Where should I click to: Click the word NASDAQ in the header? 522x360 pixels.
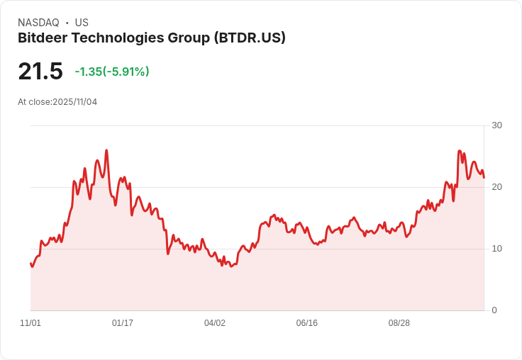[x=38, y=23]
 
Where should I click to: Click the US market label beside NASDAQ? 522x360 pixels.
[x=81, y=23]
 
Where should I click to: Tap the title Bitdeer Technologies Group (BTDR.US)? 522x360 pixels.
[x=151, y=38]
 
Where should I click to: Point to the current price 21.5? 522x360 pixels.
[x=40, y=72]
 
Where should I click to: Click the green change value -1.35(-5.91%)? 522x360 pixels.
[x=112, y=72]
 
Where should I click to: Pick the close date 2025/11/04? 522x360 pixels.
[x=74, y=102]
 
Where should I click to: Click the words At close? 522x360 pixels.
[x=34, y=102]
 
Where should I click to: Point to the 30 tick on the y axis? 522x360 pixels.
[x=496, y=125]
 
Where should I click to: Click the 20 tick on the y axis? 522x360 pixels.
[x=496, y=187]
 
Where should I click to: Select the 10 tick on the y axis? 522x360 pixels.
[x=496, y=249]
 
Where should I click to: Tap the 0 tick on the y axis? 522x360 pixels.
[x=494, y=310]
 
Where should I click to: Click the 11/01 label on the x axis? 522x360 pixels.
[x=30, y=323]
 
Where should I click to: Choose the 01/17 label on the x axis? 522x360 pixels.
[x=123, y=323]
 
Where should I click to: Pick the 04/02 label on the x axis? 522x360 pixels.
[x=215, y=323]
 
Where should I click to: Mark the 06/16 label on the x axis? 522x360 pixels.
[x=307, y=323]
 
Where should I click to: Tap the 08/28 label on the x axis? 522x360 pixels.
[x=399, y=323]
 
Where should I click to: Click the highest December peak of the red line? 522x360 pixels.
[x=106, y=150]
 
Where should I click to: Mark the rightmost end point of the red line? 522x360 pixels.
[x=484, y=177]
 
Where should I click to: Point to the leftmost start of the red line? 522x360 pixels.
[x=30, y=263]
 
